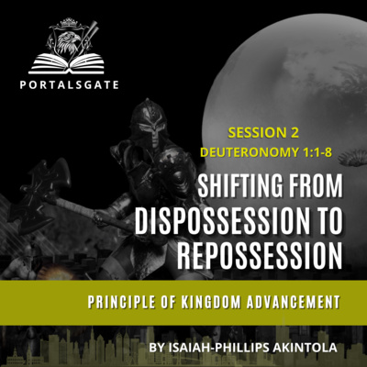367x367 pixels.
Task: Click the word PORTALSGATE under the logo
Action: coord(69,84)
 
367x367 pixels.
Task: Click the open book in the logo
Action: coord(67,63)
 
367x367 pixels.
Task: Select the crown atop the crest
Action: coord(68,22)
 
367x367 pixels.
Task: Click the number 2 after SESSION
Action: coord(294,133)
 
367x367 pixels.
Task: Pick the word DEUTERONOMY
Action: coord(250,152)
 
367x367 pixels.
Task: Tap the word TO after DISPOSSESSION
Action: coord(328,222)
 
